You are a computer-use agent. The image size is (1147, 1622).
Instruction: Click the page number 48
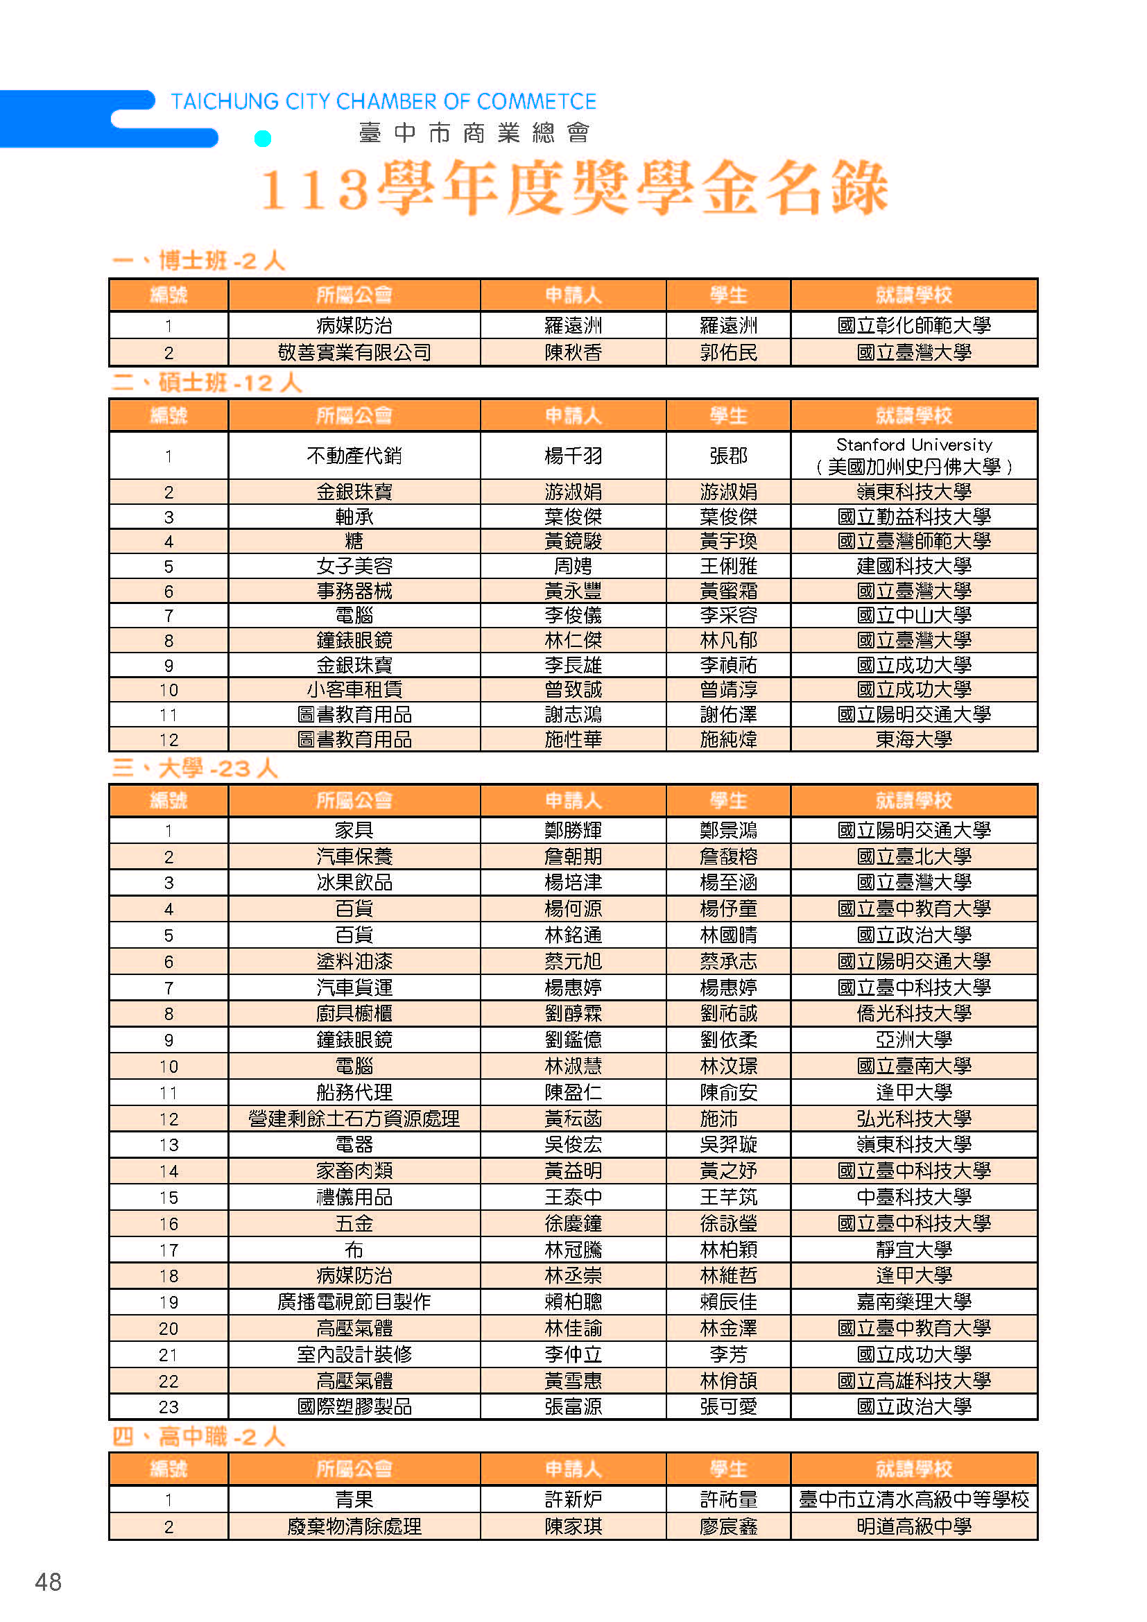[48, 1582]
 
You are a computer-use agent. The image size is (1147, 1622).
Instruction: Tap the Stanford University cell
[914, 456]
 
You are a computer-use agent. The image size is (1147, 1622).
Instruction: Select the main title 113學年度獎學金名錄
[573, 188]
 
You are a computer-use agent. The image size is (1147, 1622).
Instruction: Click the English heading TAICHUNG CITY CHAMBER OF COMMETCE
[383, 102]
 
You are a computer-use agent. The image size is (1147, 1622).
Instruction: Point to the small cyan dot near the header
[263, 139]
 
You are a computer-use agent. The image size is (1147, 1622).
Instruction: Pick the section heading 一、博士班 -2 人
[198, 261]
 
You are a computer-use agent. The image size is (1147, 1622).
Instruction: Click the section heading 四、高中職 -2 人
[198, 1436]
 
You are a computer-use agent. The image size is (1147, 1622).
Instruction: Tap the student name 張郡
[728, 456]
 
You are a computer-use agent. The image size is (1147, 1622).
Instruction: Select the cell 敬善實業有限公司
[354, 352]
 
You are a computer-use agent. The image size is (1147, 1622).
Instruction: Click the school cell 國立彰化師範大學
[914, 326]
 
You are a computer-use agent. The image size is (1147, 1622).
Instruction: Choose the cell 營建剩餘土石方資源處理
[354, 1119]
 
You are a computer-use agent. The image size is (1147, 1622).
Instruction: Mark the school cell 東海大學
[914, 740]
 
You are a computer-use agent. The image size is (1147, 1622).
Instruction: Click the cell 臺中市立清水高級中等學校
[914, 1499]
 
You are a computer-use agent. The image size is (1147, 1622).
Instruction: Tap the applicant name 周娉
[573, 567]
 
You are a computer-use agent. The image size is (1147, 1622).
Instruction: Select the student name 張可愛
[728, 1406]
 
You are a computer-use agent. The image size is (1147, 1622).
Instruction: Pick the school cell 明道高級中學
[914, 1526]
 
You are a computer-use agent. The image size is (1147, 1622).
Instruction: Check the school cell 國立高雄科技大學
[914, 1381]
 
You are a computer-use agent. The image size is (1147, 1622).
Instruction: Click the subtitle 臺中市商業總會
[474, 133]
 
